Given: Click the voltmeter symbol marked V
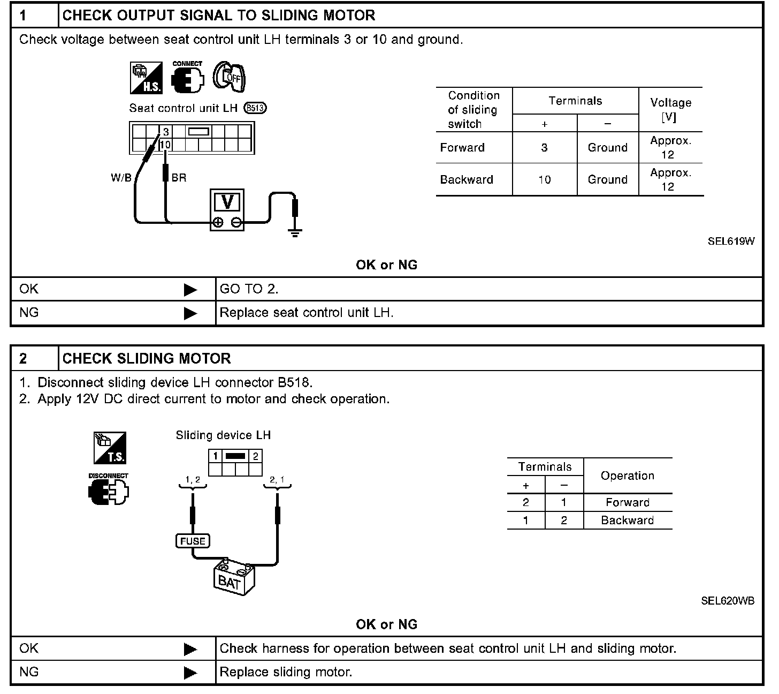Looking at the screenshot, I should tap(227, 209).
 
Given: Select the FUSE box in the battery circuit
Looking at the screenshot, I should tap(193, 541).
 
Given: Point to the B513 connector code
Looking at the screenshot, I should tap(255, 108).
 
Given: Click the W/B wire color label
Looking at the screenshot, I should tap(121, 178).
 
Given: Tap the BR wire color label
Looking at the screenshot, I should tap(179, 178).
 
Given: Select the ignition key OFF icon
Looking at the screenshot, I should tap(228, 77).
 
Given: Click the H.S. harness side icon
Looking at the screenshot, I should tap(143, 78).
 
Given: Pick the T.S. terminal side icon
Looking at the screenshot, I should tap(110, 448).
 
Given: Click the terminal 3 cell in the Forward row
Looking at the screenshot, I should tap(544, 148).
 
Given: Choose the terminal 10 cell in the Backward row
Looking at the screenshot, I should tap(544, 180).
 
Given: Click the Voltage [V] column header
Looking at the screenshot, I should tap(670, 109).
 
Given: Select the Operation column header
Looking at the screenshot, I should tap(627, 476).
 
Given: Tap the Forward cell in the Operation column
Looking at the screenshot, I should tap(627, 502).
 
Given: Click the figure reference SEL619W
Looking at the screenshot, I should tap(731, 241).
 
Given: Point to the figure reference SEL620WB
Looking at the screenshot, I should tap(728, 601).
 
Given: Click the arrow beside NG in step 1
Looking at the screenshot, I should tap(190, 313).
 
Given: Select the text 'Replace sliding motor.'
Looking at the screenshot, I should tap(286, 672).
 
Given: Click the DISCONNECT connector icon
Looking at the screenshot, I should tap(109, 491).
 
